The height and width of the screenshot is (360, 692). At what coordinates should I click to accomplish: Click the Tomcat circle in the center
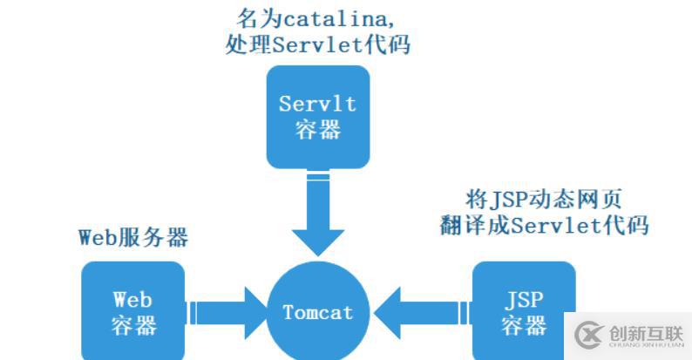point(318,312)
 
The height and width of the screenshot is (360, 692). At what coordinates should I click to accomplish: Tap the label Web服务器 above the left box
point(133,237)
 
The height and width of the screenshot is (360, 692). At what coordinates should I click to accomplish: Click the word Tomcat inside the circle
point(318,312)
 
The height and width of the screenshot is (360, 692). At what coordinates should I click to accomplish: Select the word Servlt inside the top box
point(317,104)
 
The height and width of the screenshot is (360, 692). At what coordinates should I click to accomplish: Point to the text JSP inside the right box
point(524,300)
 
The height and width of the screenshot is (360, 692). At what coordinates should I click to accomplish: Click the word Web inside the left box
point(133,300)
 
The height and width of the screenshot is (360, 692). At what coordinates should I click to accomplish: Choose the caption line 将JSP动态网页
point(545,198)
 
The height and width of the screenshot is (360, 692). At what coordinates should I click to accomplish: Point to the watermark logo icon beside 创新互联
point(588,336)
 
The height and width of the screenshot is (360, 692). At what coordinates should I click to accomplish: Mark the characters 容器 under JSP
point(524,325)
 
